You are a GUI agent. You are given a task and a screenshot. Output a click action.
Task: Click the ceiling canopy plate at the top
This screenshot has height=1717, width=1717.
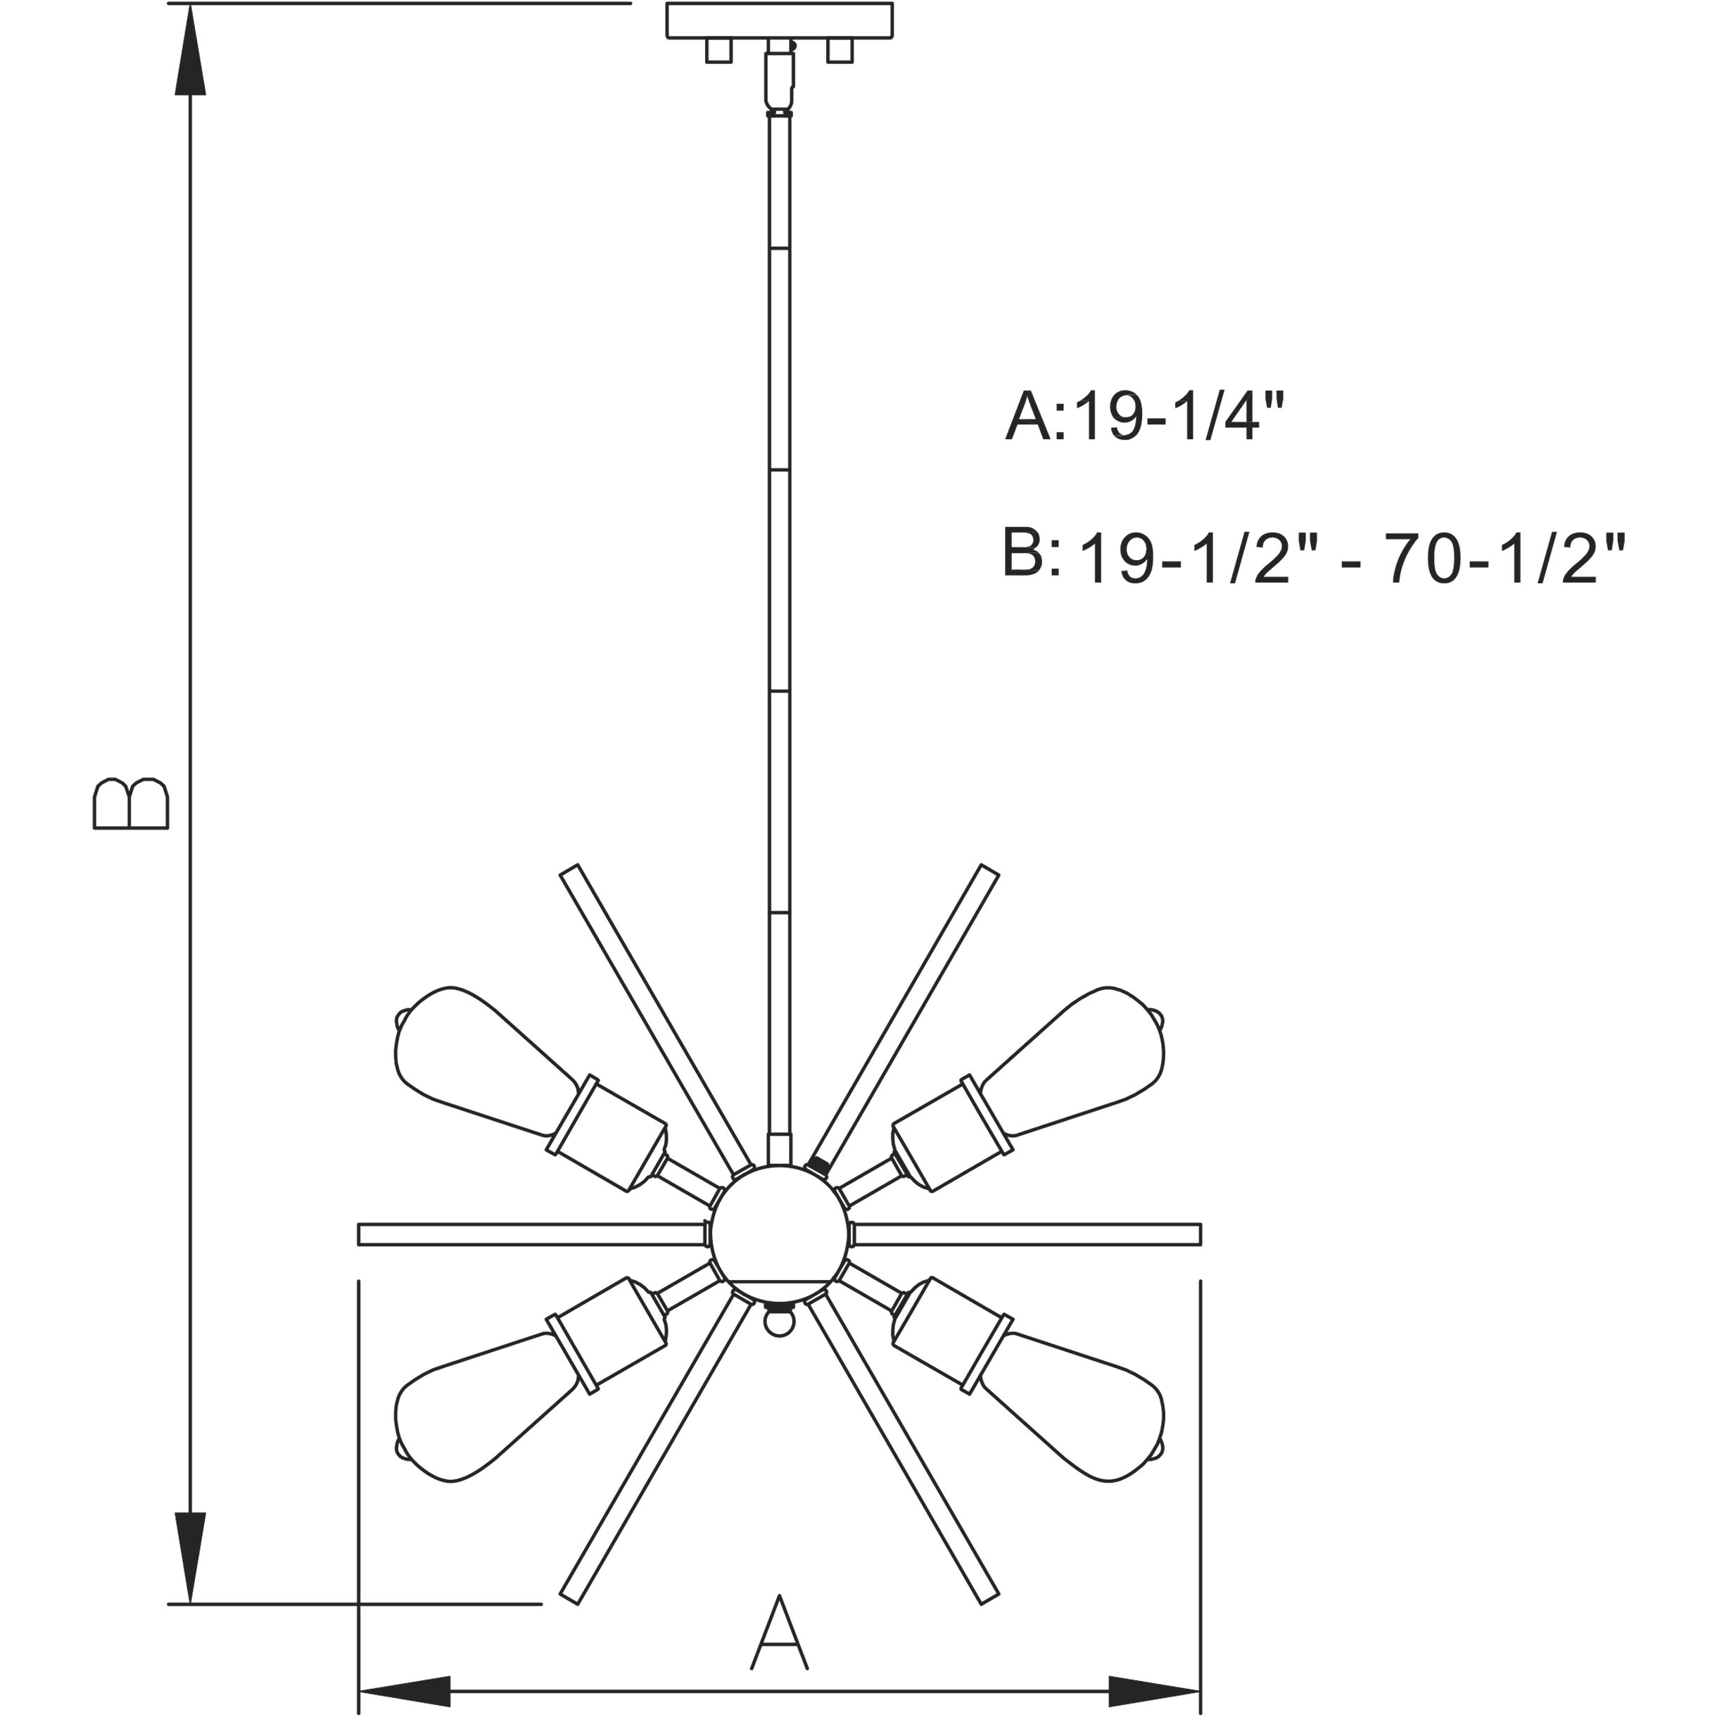780,20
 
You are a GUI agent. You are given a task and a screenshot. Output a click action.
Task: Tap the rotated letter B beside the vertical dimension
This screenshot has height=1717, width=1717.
131,804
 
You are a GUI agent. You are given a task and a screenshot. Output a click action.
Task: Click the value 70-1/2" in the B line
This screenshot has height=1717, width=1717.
1504,560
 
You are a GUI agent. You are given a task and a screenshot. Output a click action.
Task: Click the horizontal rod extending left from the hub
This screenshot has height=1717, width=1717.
531,1234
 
